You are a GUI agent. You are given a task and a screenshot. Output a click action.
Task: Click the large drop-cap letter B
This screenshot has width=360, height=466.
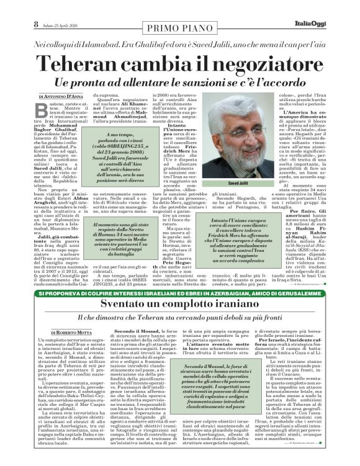43,112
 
